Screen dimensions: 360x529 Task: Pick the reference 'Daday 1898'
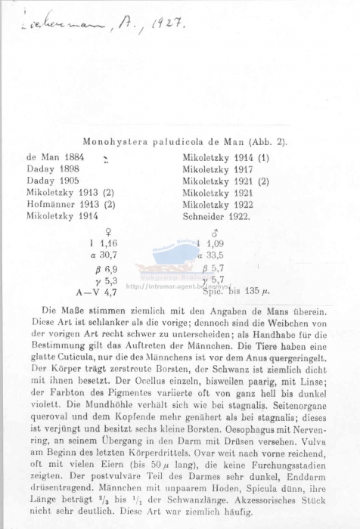click(x=53, y=169)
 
